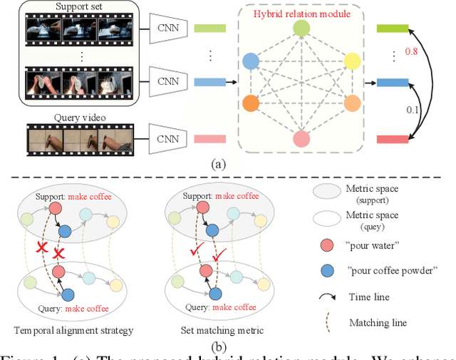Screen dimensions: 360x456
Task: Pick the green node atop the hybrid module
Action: [x=301, y=29]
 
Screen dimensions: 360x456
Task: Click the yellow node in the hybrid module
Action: [x=352, y=61]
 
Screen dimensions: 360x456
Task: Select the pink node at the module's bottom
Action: [x=301, y=138]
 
